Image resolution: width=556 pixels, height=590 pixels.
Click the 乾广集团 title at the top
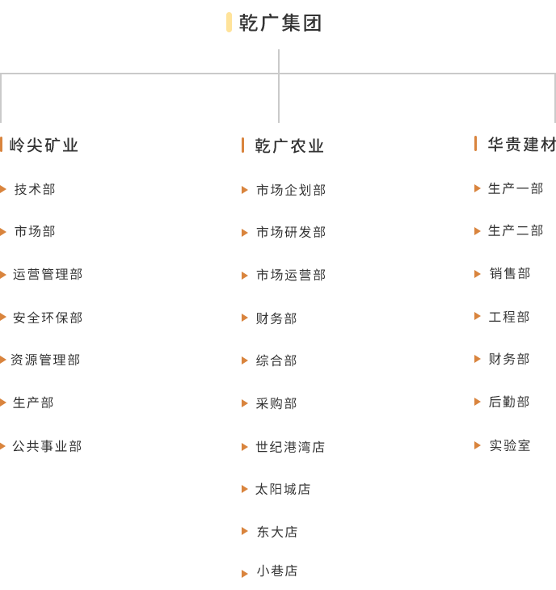click(x=280, y=23)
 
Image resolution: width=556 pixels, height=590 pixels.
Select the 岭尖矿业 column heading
click(x=44, y=145)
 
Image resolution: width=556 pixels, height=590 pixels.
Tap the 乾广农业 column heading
click(x=289, y=146)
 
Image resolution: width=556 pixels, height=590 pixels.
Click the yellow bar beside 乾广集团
click(x=229, y=22)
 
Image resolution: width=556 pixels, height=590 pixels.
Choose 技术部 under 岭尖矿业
click(x=35, y=189)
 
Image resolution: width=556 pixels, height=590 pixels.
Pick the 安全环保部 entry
click(x=48, y=318)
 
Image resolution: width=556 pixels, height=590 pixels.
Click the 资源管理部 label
click(x=45, y=360)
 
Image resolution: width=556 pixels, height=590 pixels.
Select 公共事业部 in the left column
click(x=47, y=446)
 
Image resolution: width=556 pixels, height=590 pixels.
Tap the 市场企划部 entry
click(x=291, y=190)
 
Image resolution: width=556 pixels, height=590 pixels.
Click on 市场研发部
click(x=291, y=232)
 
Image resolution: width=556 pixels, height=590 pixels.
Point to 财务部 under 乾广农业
click(x=276, y=318)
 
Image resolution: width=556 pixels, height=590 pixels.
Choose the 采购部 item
click(x=276, y=403)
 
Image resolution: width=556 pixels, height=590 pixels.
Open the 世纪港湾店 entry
click(x=290, y=447)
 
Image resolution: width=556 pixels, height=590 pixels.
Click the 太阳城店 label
click(x=283, y=489)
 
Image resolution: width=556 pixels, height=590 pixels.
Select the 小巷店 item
click(x=277, y=571)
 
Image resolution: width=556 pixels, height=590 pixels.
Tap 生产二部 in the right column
click(x=516, y=230)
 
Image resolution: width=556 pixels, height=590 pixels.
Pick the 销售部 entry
click(x=510, y=273)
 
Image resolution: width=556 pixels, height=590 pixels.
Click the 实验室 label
click(x=510, y=445)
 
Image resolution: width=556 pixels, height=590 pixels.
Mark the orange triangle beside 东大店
click(x=245, y=531)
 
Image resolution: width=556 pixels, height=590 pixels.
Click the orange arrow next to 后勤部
click(x=478, y=402)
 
